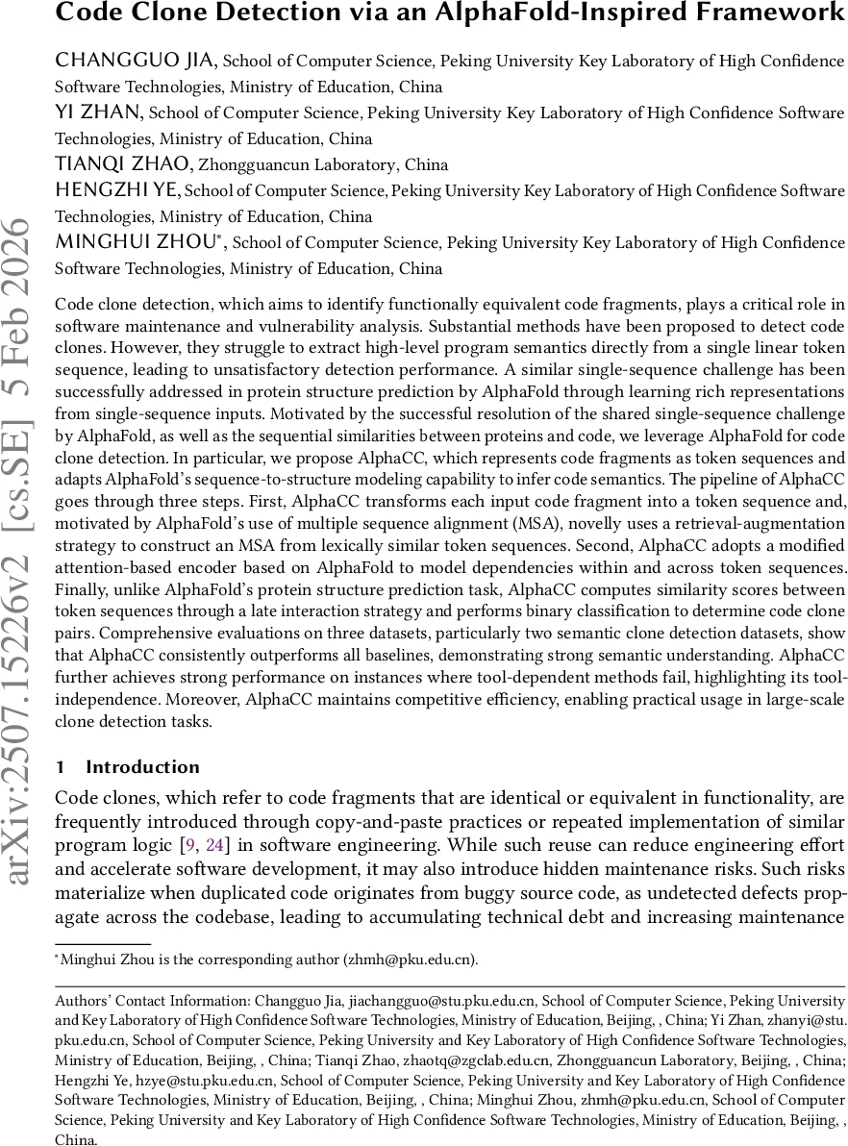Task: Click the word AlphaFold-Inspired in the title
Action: point(458,13)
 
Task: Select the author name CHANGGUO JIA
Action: point(137,62)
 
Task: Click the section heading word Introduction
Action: point(143,766)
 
